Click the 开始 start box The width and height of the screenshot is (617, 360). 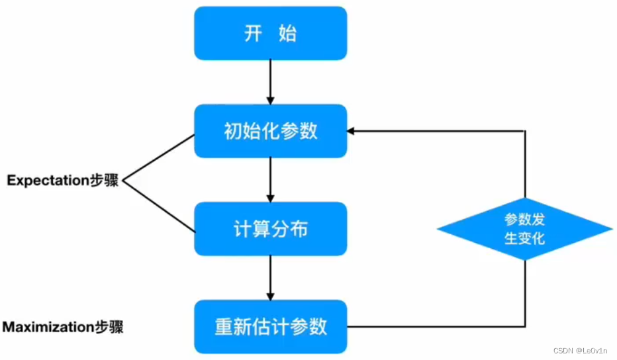tap(270, 34)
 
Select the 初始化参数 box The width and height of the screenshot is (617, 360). tap(270, 131)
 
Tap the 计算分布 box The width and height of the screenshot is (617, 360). tap(270, 229)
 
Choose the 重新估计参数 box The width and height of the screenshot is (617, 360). tap(270, 326)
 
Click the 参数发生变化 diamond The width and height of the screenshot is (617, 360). tap(524, 229)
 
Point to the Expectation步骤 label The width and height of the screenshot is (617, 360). tap(62, 181)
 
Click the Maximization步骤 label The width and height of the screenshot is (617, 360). tap(64, 327)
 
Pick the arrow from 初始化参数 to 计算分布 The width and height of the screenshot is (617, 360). tap(270, 179)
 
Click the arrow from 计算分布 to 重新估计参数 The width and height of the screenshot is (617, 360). tap(270, 277)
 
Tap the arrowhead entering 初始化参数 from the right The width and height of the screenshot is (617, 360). tap(352, 131)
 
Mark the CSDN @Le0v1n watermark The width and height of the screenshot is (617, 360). tap(576, 351)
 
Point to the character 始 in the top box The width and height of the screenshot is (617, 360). tap(287, 34)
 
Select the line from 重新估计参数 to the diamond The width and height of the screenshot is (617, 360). tap(437, 326)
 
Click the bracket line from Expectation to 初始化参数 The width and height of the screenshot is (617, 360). tap(159, 157)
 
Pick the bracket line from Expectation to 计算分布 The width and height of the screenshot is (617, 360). tap(159, 206)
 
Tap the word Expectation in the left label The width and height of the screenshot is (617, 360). tap(48, 181)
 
